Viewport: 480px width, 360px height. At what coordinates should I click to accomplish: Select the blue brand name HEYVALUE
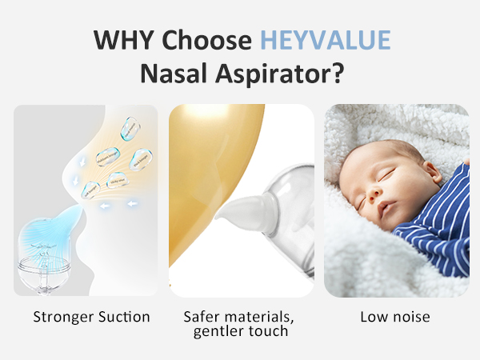(x=325, y=40)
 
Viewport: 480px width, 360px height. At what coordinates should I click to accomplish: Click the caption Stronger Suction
(x=91, y=317)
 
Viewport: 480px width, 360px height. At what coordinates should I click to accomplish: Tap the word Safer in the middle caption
(x=202, y=317)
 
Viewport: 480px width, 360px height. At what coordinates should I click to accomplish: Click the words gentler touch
(x=241, y=330)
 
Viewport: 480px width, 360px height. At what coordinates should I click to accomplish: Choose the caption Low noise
(x=395, y=317)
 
